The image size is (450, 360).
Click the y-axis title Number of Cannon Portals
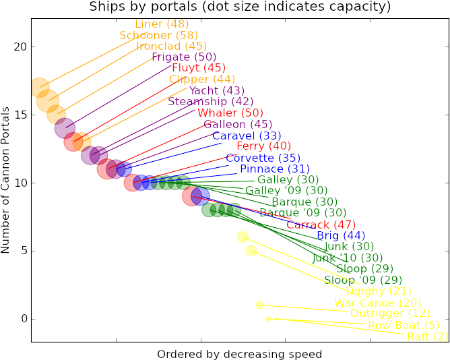[x=6, y=180]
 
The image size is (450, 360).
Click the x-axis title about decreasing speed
[x=239, y=353]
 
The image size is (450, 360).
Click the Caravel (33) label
[x=242, y=136]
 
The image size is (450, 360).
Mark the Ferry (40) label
[x=263, y=146]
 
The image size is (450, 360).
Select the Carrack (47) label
[x=321, y=224]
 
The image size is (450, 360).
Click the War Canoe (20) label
[x=377, y=303]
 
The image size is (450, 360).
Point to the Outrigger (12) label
[x=390, y=313]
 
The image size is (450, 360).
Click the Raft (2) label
[x=428, y=336]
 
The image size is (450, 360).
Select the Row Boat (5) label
[x=399, y=325]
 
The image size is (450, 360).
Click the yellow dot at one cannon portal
[x=260, y=305]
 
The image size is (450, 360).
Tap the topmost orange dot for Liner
[x=40, y=87]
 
